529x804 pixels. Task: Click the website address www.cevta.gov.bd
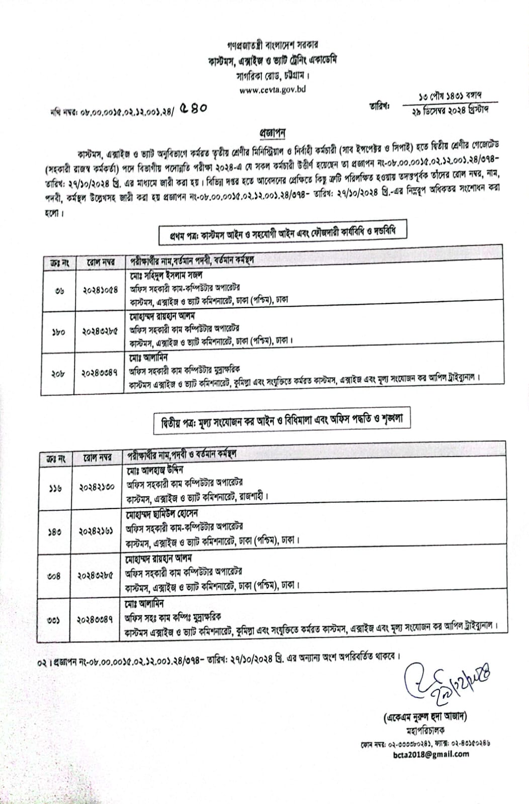(x=273, y=90)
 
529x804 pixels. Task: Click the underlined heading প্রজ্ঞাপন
(x=273, y=133)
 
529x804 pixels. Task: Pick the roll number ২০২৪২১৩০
(x=97, y=487)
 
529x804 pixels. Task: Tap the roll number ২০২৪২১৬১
(x=97, y=532)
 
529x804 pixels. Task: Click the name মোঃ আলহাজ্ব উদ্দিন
(x=155, y=470)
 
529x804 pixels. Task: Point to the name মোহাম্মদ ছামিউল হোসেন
(x=162, y=514)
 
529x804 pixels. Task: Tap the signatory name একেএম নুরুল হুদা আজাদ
(x=424, y=717)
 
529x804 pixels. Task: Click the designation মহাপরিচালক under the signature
(x=424, y=730)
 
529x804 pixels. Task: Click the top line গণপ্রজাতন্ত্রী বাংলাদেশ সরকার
(x=273, y=46)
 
